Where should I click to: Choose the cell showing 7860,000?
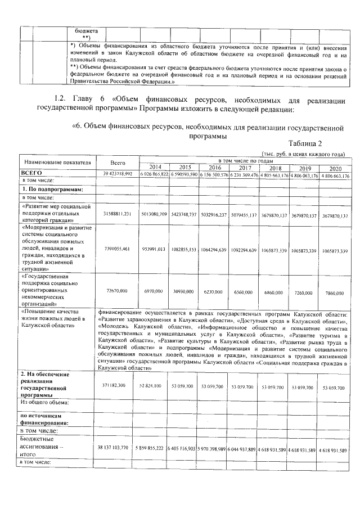[336, 292]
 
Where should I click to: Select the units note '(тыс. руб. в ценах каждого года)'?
[303, 154]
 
